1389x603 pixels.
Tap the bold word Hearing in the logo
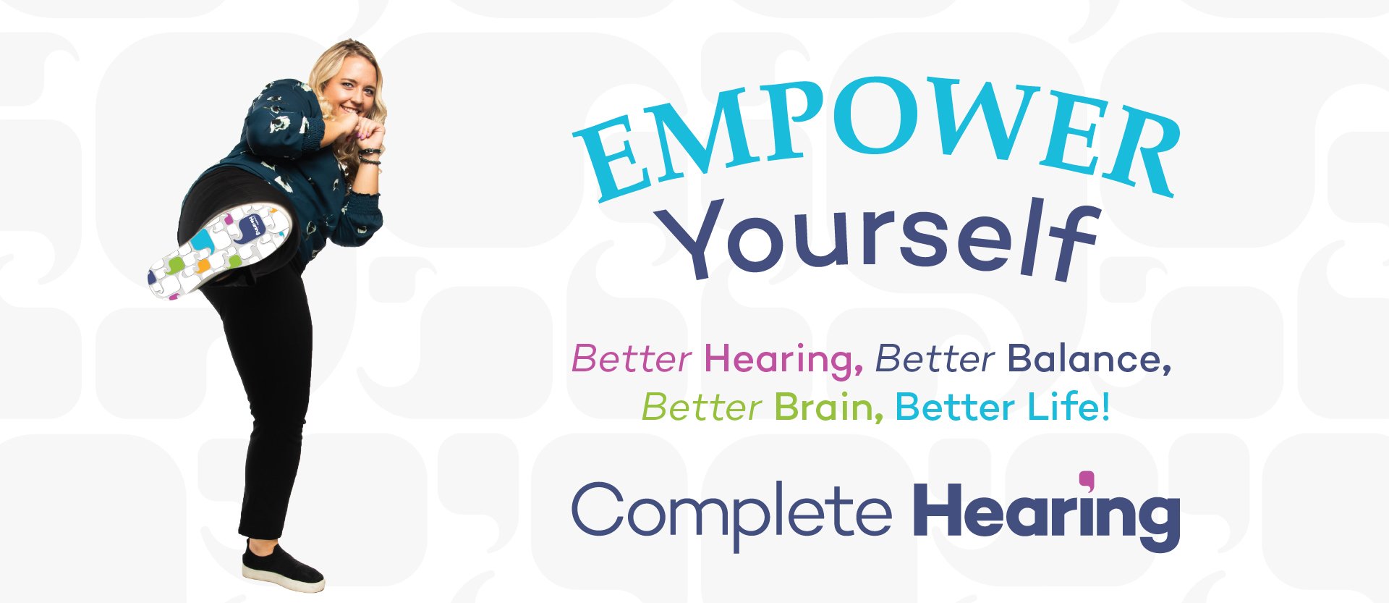(1045, 514)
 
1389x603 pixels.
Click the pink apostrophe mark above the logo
(1087, 480)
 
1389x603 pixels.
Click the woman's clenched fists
(368, 132)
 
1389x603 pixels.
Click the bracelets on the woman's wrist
(370, 156)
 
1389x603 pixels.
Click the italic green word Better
(701, 408)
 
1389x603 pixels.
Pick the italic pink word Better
(632, 359)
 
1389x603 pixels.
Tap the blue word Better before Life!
(955, 407)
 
